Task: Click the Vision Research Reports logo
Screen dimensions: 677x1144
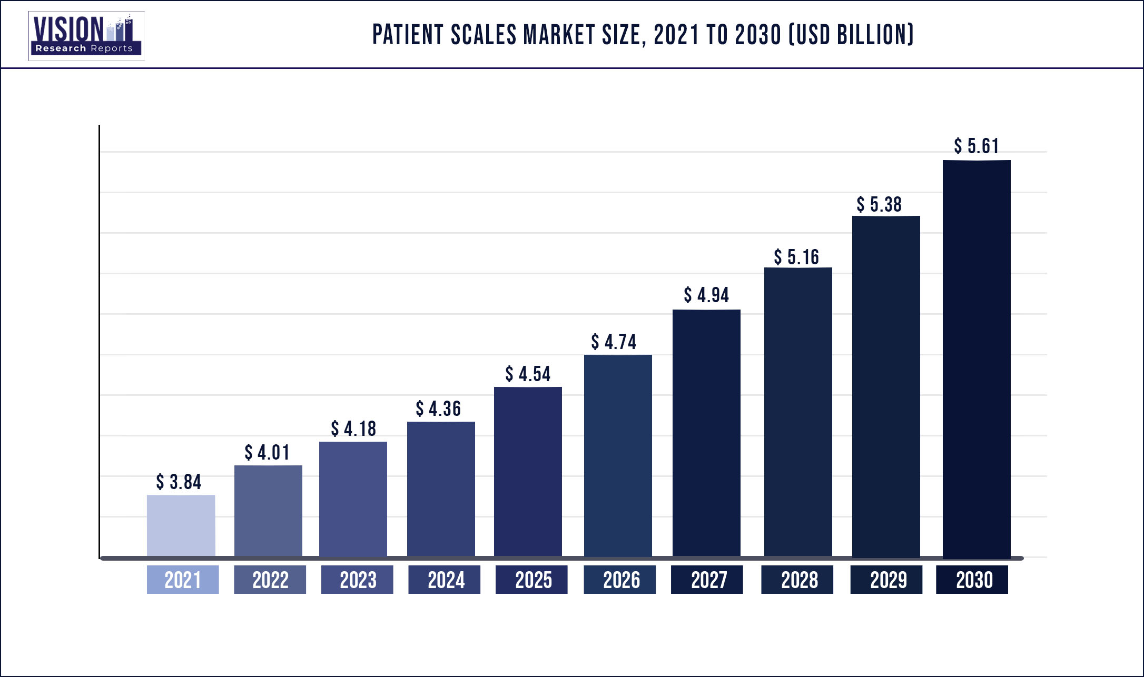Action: (86, 36)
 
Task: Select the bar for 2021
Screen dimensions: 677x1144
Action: (181, 525)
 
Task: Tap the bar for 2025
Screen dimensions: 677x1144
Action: (528, 472)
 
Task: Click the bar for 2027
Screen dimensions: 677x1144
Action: (706, 433)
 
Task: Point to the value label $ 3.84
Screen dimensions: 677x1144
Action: (179, 482)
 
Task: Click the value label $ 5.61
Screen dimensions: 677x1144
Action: (976, 146)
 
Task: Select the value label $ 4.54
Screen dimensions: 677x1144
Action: (528, 374)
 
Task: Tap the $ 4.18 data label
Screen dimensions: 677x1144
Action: (353, 429)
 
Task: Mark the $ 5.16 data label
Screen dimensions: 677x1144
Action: (796, 257)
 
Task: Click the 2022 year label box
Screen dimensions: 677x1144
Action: (270, 580)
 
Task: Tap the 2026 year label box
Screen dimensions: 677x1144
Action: (620, 580)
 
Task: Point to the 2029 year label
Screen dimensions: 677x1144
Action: (887, 580)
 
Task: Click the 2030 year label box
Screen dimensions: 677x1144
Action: (972, 580)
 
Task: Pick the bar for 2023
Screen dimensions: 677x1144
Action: (353, 499)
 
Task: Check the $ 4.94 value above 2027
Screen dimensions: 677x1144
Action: (706, 295)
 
